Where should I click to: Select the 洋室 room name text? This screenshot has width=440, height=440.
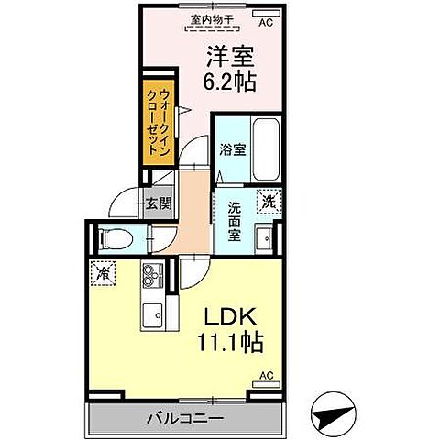[x=227, y=53]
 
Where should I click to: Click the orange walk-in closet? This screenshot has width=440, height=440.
[x=155, y=124]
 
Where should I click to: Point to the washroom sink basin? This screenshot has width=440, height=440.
[x=266, y=236]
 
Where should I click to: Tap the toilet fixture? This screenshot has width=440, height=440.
[x=114, y=238]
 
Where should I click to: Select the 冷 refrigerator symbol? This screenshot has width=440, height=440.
[x=104, y=271]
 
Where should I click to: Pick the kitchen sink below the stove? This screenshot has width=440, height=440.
[x=151, y=314]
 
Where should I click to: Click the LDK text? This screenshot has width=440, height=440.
[x=227, y=318]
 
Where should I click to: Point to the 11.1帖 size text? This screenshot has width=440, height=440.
[x=227, y=344]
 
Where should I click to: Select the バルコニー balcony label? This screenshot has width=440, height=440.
[x=184, y=417]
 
